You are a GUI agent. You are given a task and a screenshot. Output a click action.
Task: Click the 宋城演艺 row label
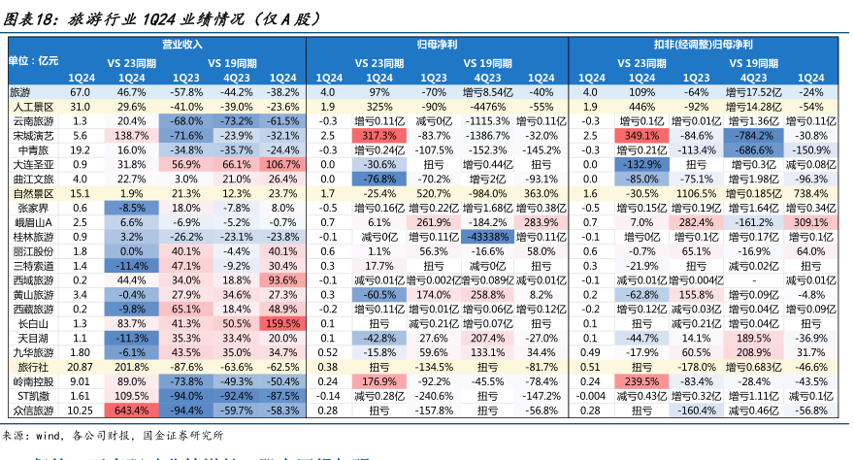pyautogui.click(x=32, y=136)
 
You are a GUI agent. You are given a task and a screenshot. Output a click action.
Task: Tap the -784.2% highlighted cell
pyautogui.click(x=753, y=136)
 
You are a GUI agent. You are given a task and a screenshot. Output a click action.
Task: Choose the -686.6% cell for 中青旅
pyautogui.click(x=753, y=150)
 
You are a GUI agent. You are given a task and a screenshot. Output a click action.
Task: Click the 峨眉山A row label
pyautogui.click(x=32, y=222)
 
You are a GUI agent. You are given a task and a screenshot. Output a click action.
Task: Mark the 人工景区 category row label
pyautogui.click(x=32, y=106)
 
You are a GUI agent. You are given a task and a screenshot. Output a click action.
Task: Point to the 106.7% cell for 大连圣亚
pyautogui.click(x=282, y=165)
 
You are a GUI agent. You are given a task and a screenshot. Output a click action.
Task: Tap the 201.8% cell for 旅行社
pyautogui.click(x=132, y=368)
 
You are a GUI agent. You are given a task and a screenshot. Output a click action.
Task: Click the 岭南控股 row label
pyautogui.click(x=32, y=382)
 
